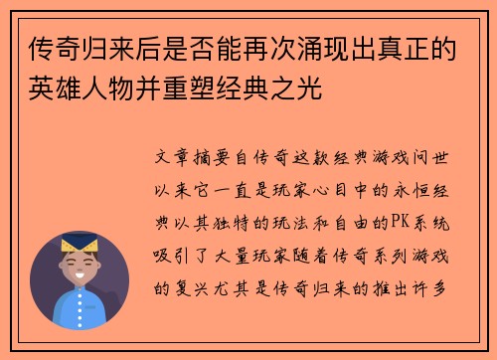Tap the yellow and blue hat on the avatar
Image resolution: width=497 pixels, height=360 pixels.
click(x=80, y=242)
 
